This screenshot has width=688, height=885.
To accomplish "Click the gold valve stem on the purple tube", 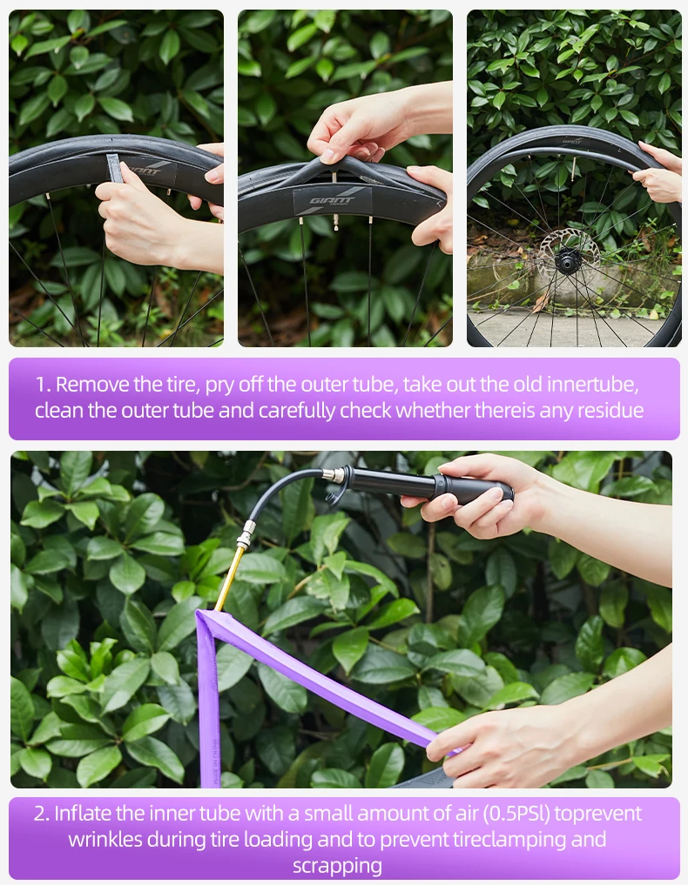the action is [229, 579].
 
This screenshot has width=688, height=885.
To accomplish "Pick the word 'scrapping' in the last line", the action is [337, 866].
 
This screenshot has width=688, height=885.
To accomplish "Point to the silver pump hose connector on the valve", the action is [246, 534].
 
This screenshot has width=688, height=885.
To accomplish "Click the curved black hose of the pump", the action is [282, 490].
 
